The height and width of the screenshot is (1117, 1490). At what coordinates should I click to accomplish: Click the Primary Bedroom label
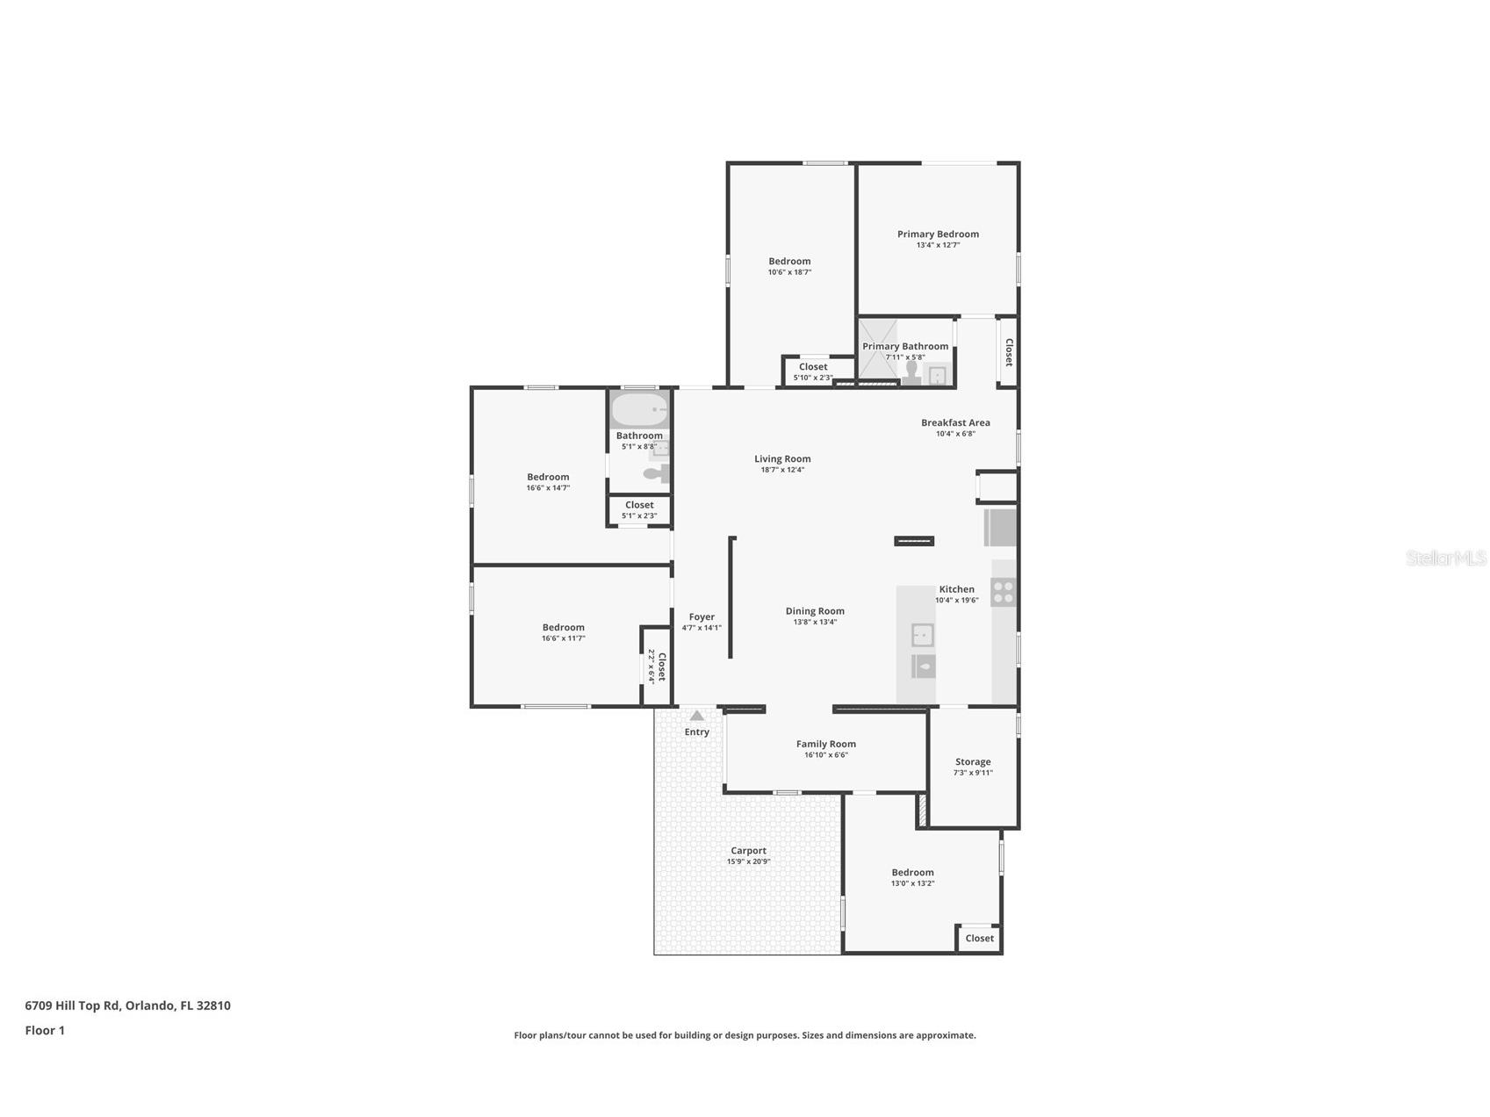(x=938, y=234)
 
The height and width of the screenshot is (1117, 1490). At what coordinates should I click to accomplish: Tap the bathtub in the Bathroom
(x=640, y=410)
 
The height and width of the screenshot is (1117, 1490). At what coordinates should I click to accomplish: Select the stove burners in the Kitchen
(x=1003, y=592)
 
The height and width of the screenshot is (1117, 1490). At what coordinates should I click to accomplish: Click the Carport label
(x=749, y=851)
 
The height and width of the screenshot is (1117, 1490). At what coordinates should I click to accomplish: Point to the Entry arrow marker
(x=696, y=716)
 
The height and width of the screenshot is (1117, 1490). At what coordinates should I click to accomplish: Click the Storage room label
(x=973, y=762)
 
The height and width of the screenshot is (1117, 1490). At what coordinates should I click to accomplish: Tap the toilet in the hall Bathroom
(x=656, y=474)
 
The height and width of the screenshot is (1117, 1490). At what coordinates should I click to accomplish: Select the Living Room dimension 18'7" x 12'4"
(x=782, y=470)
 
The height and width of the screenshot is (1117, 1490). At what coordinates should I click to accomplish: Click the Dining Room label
(x=815, y=611)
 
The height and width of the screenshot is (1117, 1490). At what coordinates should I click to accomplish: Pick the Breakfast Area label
(x=955, y=423)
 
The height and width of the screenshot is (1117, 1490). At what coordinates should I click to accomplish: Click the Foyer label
(x=702, y=617)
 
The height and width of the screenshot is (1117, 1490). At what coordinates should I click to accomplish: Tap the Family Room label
(x=826, y=745)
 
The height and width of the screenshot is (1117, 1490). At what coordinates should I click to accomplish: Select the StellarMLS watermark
(x=1446, y=558)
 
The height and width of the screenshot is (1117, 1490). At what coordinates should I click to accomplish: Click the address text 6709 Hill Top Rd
(x=73, y=1005)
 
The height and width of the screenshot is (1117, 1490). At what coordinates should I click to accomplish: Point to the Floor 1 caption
(x=45, y=1031)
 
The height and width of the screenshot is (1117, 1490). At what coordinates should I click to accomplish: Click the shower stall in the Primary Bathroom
(x=878, y=351)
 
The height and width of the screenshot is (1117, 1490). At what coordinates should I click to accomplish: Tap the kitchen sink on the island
(x=923, y=635)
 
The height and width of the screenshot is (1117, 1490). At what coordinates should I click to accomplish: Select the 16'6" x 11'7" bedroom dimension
(x=563, y=638)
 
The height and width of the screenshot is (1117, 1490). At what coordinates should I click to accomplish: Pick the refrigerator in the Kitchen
(x=1000, y=527)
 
